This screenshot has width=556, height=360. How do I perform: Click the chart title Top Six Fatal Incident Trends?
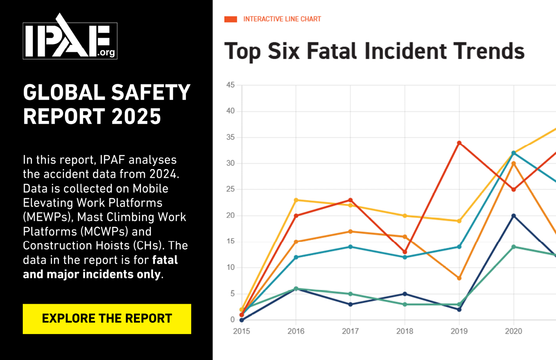[374, 51]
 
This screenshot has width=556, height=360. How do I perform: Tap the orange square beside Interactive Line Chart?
[231, 19]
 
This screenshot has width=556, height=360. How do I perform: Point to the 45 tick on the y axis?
[230, 85]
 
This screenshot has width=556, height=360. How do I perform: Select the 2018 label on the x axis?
[404, 331]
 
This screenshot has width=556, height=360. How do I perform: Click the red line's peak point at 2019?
[459, 143]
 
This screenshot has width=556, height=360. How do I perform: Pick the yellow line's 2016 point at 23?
[296, 200]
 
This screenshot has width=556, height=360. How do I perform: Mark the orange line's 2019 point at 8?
[459, 278]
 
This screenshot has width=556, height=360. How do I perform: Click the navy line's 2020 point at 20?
[514, 216]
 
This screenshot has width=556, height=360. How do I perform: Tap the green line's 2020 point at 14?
[514, 247]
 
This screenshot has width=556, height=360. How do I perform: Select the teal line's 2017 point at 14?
[350, 247]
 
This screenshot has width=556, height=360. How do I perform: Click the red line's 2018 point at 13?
[405, 252]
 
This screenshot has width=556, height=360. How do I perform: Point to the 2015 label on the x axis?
[241, 331]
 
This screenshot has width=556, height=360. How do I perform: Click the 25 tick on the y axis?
[230, 190]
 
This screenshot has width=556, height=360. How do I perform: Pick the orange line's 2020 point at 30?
[514, 164]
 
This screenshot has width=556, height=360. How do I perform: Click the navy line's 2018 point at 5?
[405, 294]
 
